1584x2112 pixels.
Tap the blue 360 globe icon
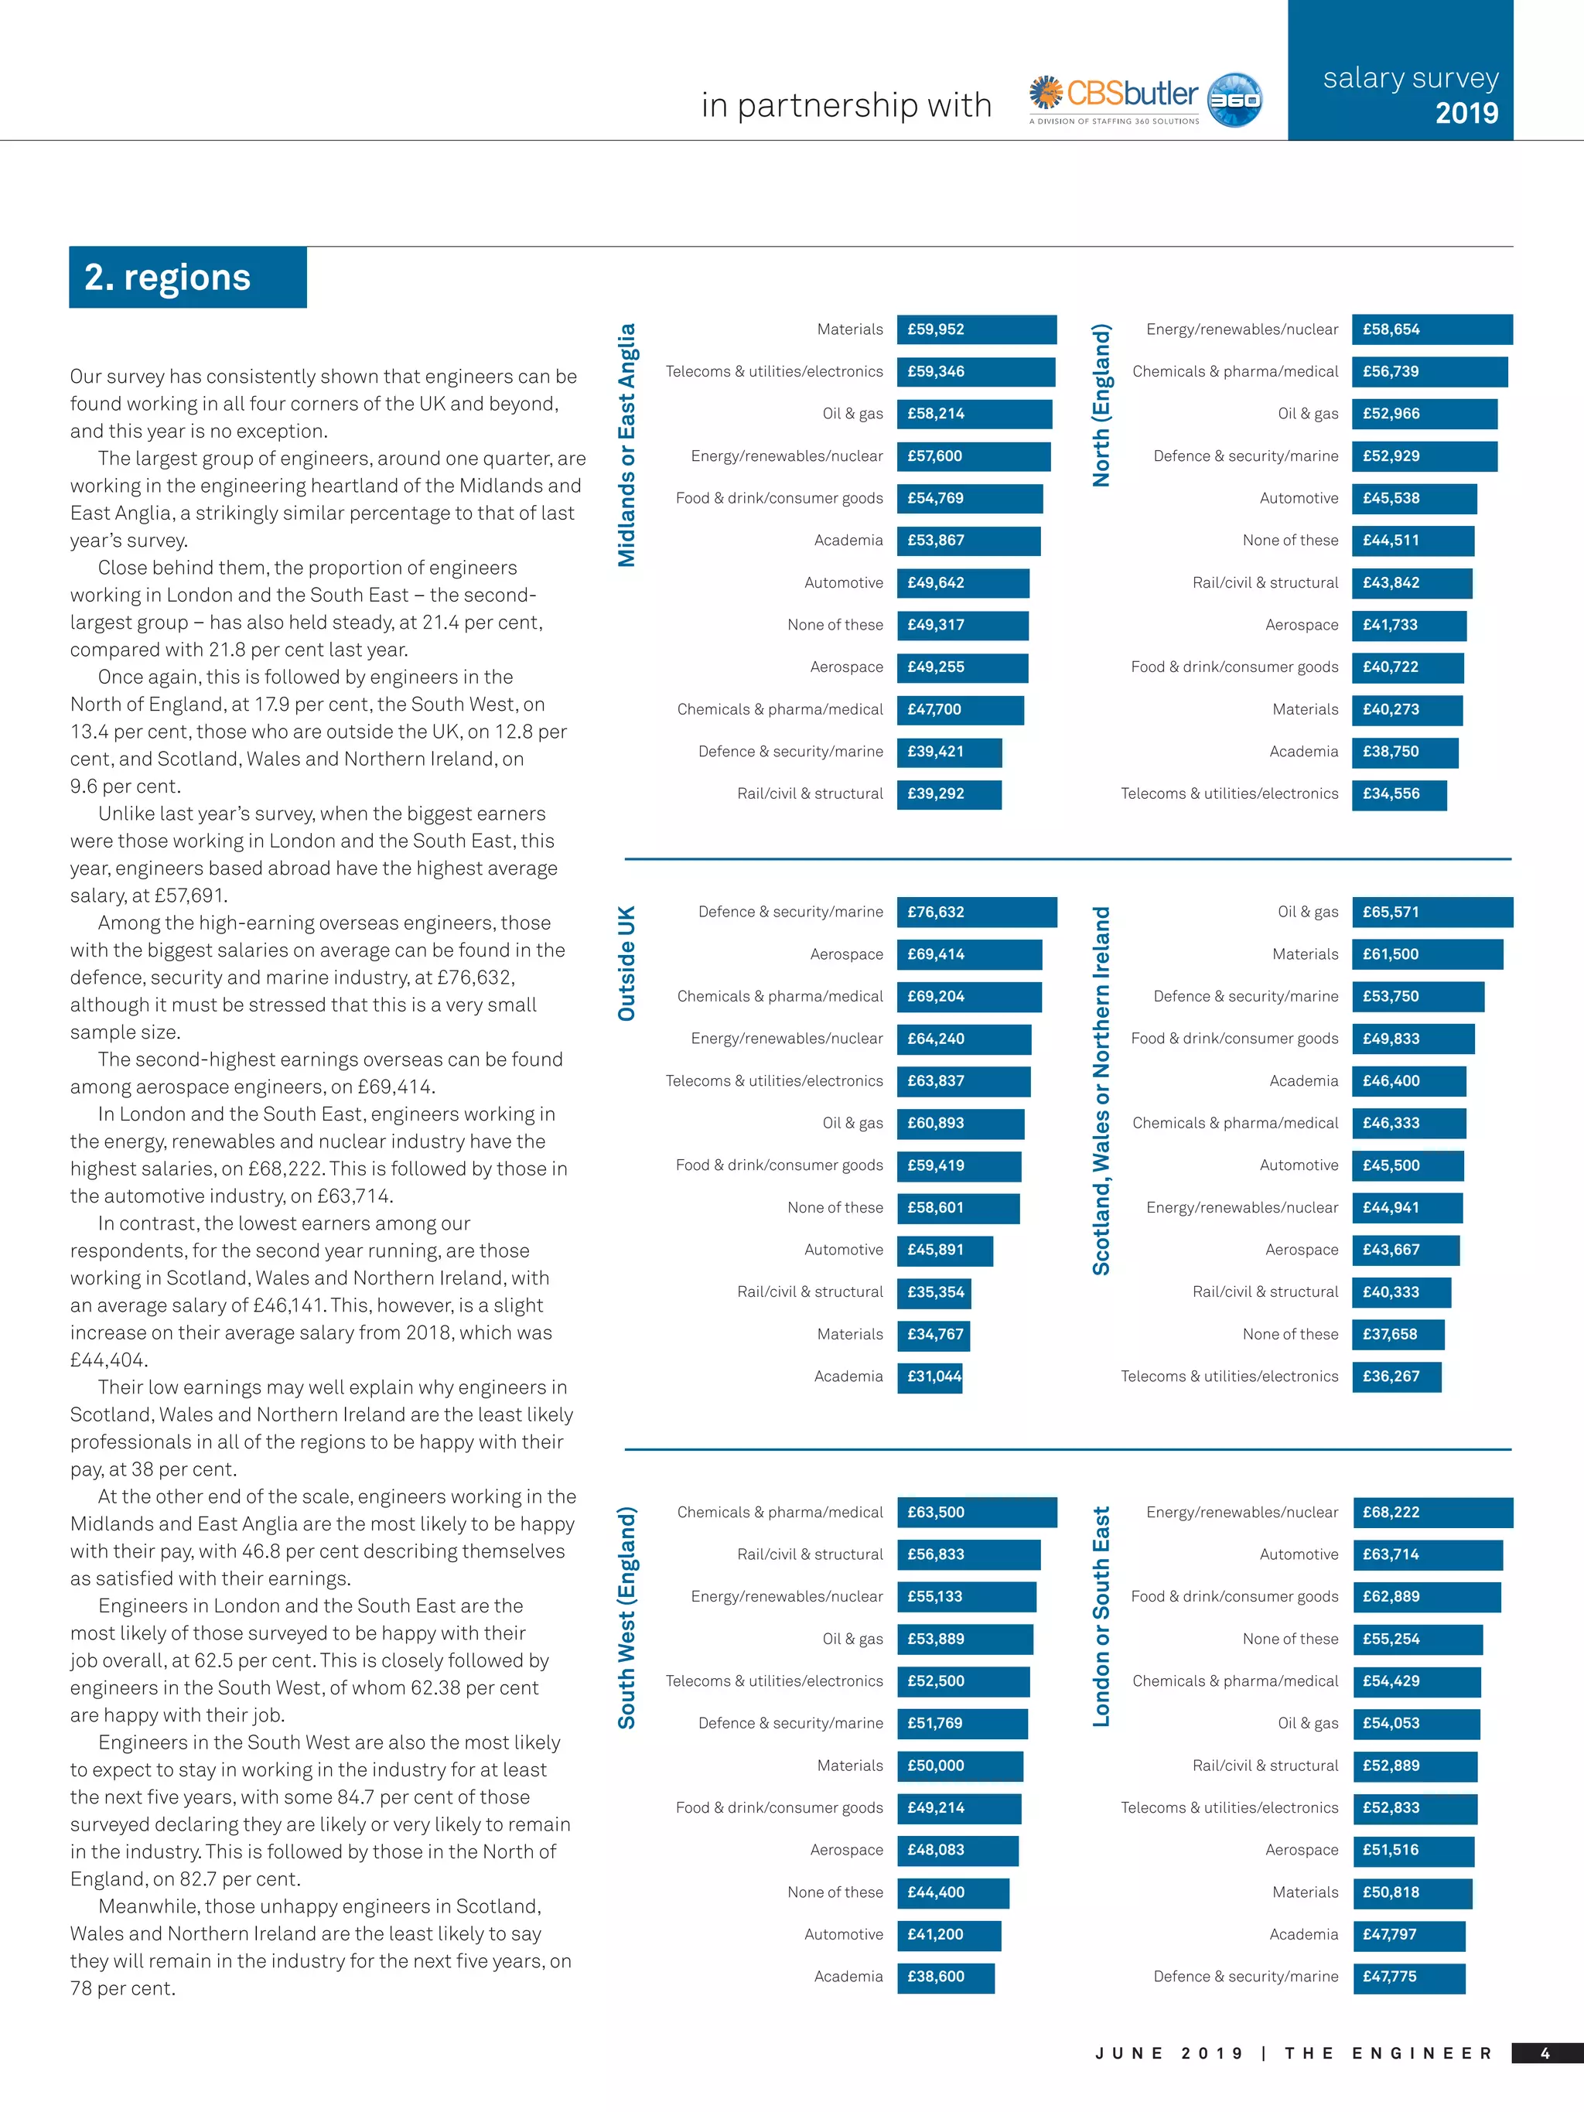pos(1234,99)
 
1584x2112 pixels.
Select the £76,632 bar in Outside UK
pos(976,912)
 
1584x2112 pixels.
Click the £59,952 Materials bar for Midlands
pos(976,329)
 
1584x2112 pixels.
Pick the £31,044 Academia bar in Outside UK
pos(929,1376)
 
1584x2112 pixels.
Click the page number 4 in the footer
pos(1545,2052)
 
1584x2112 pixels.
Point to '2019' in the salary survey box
pos(1466,114)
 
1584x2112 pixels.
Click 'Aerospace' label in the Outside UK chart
pos(846,954)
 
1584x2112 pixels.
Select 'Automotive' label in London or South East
pos(1299,1554)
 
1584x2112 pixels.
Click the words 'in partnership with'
pos(846,105)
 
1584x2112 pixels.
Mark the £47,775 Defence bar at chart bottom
pos(1408,1977)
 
